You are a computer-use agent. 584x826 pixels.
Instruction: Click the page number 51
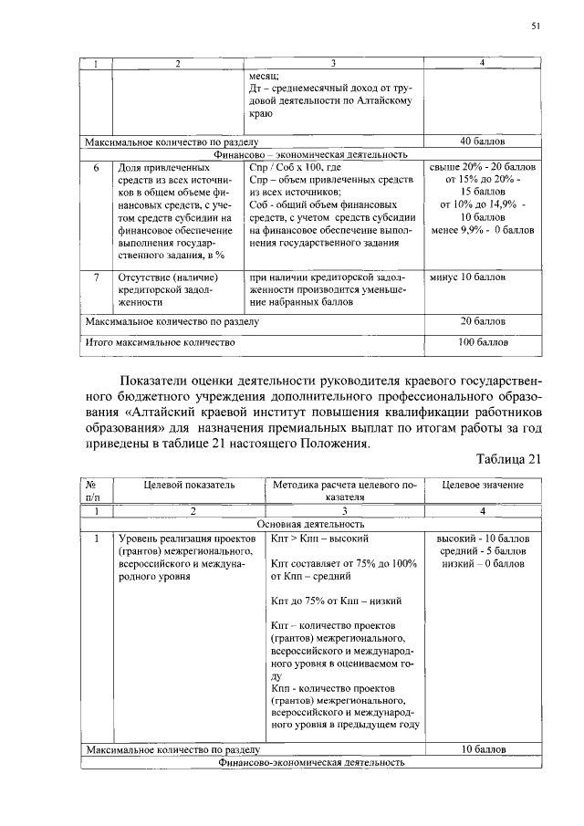click(x=537, y=27)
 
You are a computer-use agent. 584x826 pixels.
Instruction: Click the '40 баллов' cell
click(x=483, y=141)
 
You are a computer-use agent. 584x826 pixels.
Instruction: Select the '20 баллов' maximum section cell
click(x=483, y=321)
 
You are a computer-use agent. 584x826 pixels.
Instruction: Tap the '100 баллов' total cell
click(x=483, y=342)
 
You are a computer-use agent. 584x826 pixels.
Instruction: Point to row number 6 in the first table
click(x=96, y=169)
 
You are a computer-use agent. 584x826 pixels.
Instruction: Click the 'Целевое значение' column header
click(x=482, y=482)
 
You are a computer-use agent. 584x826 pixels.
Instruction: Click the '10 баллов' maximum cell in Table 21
click(x=483, y=749)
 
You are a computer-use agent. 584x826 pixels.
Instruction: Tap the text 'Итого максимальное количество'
click(x=160, y=342)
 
